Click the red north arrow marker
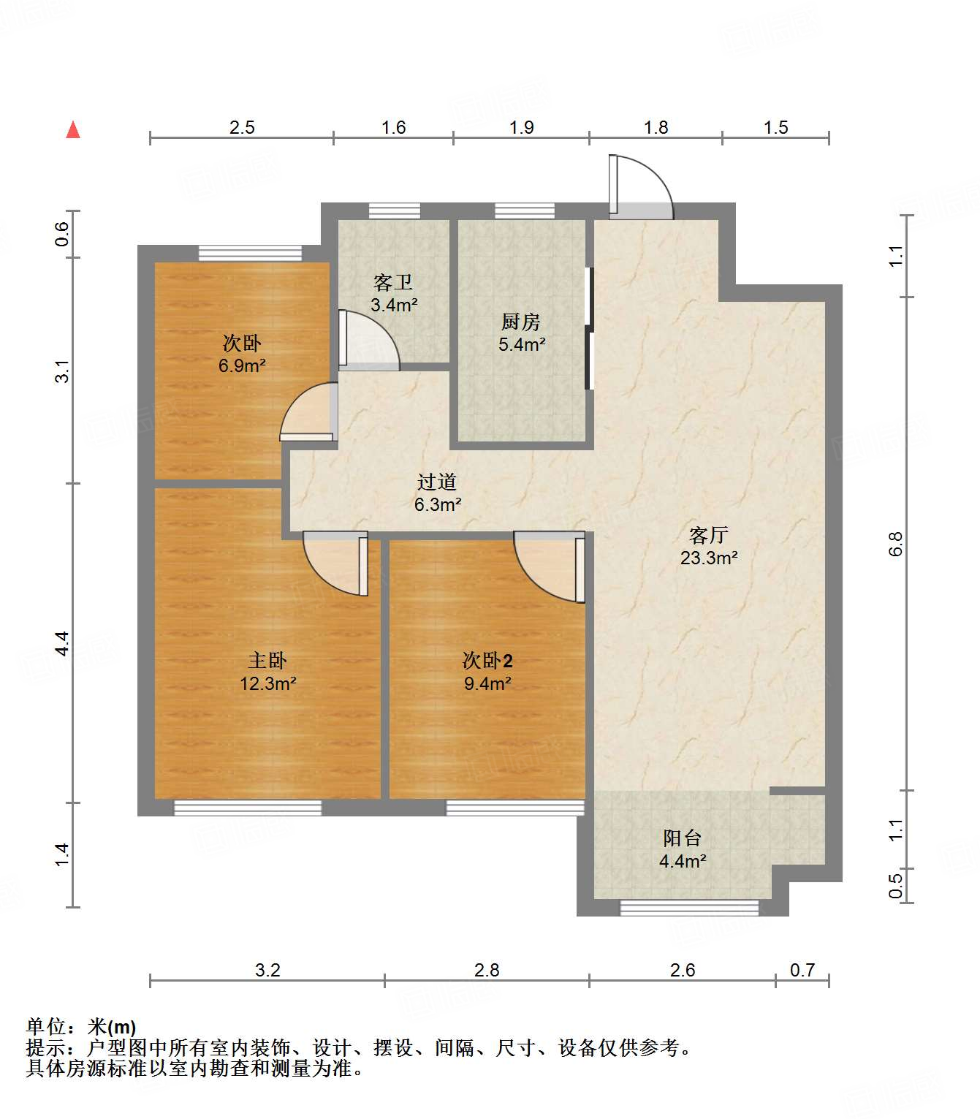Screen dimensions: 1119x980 [73, 130]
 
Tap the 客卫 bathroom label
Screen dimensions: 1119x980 [393, 282]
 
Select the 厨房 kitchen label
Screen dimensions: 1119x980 [521, 322]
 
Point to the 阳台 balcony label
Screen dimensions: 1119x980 [682, 838]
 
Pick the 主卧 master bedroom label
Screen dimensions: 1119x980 [267, 661]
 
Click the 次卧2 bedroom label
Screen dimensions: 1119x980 [487, 661]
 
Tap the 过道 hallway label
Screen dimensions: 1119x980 [437, 482]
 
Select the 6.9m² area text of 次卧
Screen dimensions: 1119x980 [242, 366]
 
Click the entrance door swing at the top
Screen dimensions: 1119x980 [639, 187]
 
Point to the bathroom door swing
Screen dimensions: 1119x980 [368, 341]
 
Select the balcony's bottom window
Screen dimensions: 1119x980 [689, 908]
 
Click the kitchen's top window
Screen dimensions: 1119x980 [524, 211]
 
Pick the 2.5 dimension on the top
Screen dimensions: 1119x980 [242, 128]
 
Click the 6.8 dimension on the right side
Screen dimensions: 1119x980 [896, 544]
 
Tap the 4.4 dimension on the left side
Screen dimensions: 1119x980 [62, 643]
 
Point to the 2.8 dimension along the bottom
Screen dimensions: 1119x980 [487, 970]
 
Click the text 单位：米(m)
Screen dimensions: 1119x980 [81, 1027]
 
